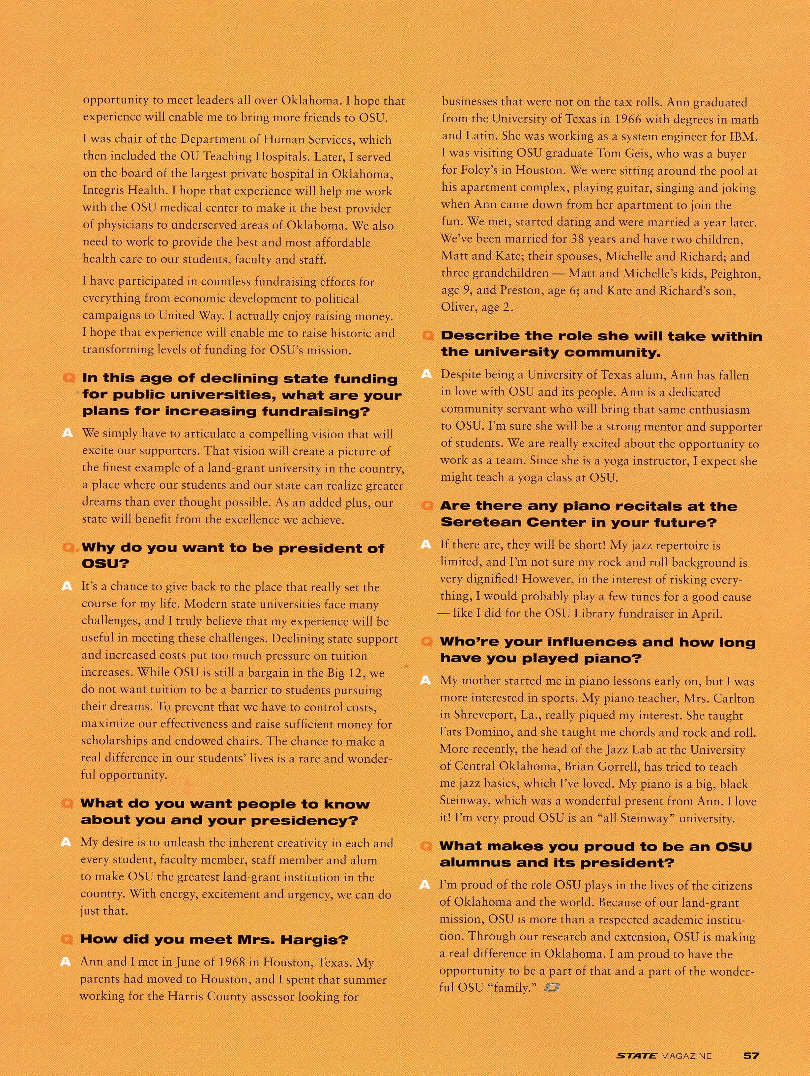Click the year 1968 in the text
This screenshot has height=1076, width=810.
pos(201,962)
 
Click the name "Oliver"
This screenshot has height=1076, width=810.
pos(457,307)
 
